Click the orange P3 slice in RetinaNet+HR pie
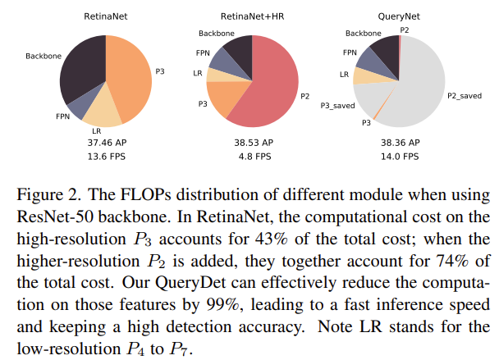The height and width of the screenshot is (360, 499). [x=223, y=98]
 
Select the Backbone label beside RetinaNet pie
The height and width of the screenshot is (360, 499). [x=42, y=57]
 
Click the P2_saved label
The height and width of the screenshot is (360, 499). [x=464, y=96]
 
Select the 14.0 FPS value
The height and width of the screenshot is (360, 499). [x=400, y=156]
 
